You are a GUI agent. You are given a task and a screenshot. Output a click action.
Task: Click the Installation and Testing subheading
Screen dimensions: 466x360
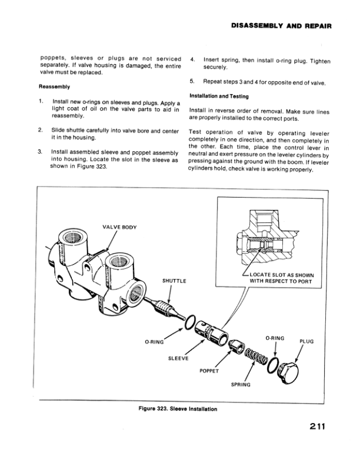pos(219,96)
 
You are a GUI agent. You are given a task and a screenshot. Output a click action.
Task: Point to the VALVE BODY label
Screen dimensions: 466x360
pos(119,227)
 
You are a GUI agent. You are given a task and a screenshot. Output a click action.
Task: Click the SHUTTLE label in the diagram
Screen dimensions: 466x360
pos(174,280)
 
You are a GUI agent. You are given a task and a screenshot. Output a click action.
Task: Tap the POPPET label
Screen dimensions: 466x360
pos(209,371)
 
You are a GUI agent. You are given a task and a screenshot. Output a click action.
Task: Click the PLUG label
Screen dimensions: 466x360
pos(307,341)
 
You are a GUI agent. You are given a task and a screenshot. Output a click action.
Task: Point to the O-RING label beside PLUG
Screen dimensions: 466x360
pos(275,338)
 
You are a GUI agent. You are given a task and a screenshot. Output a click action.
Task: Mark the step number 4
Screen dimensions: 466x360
pos(193,60)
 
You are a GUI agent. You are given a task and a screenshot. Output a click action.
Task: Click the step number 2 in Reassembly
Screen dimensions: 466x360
pos(40,128)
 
